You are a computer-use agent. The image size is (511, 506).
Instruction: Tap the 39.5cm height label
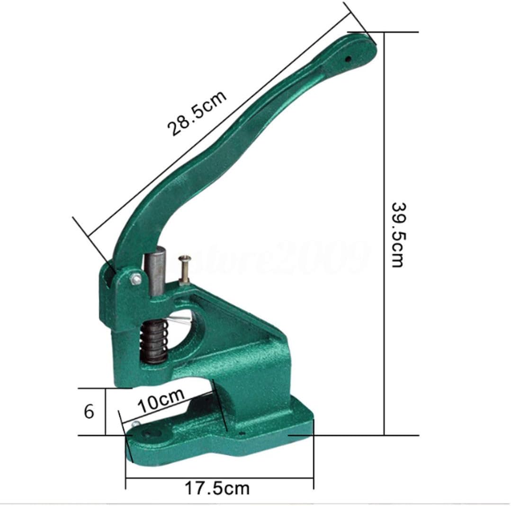(398, 235)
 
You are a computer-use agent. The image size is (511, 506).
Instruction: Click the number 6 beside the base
(89, 411)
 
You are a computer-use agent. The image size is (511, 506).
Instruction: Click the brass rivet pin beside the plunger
(184, 270)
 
